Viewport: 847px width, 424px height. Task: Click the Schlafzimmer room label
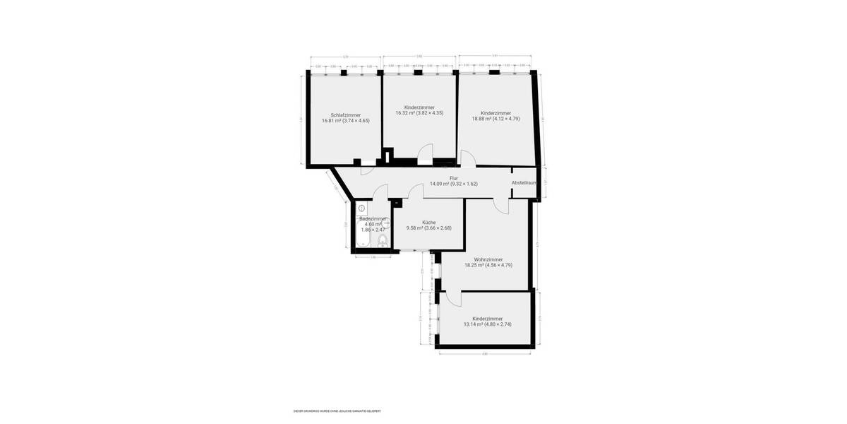[x=346, y=115]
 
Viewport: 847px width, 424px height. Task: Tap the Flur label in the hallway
[x=454, y=178]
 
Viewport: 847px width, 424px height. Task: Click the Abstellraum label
[x=524, y=183]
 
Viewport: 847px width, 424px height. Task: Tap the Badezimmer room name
[x=373, y=219]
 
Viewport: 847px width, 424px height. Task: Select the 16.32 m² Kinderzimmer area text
[x=419, y=113]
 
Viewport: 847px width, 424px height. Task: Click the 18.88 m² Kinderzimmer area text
[x=495, y=119]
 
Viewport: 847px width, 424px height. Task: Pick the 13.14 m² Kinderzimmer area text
[x=487, y=324]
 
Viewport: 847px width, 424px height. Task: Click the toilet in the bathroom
[x=382, y=241]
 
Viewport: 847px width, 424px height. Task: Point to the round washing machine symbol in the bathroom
[x=361, y=209]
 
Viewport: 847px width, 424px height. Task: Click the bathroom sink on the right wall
[x=386, y=223]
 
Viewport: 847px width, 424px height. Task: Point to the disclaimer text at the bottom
[x=332, y=411]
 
